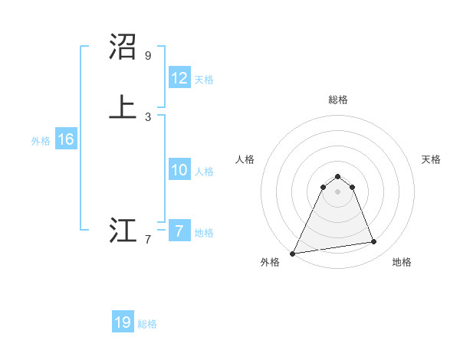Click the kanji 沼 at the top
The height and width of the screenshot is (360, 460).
[x=123, y=47]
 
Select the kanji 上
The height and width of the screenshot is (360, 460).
[x=123, y=105]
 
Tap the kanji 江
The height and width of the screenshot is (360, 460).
[x=123, y=231]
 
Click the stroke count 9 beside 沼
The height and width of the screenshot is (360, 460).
[x=147, y=56]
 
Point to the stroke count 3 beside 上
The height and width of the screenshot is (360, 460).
[x=147, y=116]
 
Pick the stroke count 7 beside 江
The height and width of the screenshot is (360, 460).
[x=147, y=241]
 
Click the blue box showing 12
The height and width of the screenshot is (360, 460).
[x=179, y=78]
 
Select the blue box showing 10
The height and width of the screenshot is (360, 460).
[x=179, y=170]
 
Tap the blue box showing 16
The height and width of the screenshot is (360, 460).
[x=65, y=139]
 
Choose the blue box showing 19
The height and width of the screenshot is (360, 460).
[x=123, y=322]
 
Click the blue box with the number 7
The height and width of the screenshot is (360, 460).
[x=179, y=231]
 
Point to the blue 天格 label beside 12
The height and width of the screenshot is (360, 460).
[x=204, y=80]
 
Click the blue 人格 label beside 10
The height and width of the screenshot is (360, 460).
[x=204, y=172]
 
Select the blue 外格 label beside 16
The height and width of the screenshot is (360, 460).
[x=41, y=141]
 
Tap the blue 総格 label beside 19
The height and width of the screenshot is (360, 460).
[x=147, y=324]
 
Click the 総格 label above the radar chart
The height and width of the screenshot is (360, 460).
[x=338, y=100]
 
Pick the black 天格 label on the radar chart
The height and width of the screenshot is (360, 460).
[x=431, y=159]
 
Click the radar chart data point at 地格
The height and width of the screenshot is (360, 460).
[x=374, y=242]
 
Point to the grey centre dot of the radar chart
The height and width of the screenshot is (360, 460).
[x=338, y=191]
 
